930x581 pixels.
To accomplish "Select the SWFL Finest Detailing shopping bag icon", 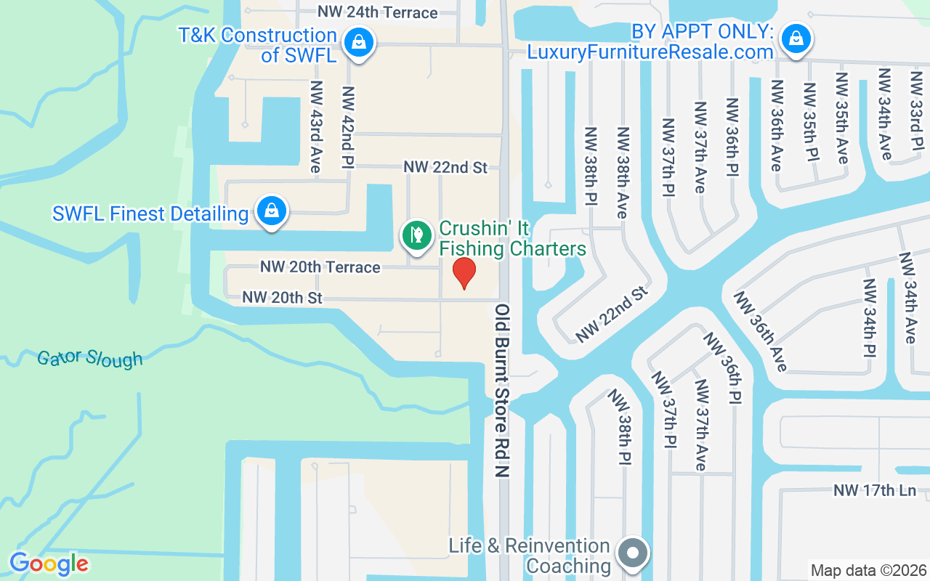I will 272,211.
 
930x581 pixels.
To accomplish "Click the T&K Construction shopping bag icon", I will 358,42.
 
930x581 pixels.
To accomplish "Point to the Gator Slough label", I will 90,357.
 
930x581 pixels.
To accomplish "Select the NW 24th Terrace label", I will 378,13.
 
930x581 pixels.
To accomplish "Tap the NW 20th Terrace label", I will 320,267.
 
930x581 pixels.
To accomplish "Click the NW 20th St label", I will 282,298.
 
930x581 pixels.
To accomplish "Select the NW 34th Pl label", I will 869,318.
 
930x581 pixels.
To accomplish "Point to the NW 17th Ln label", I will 875,490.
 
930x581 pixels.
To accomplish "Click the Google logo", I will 49,564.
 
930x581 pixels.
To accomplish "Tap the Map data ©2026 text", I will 869,571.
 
